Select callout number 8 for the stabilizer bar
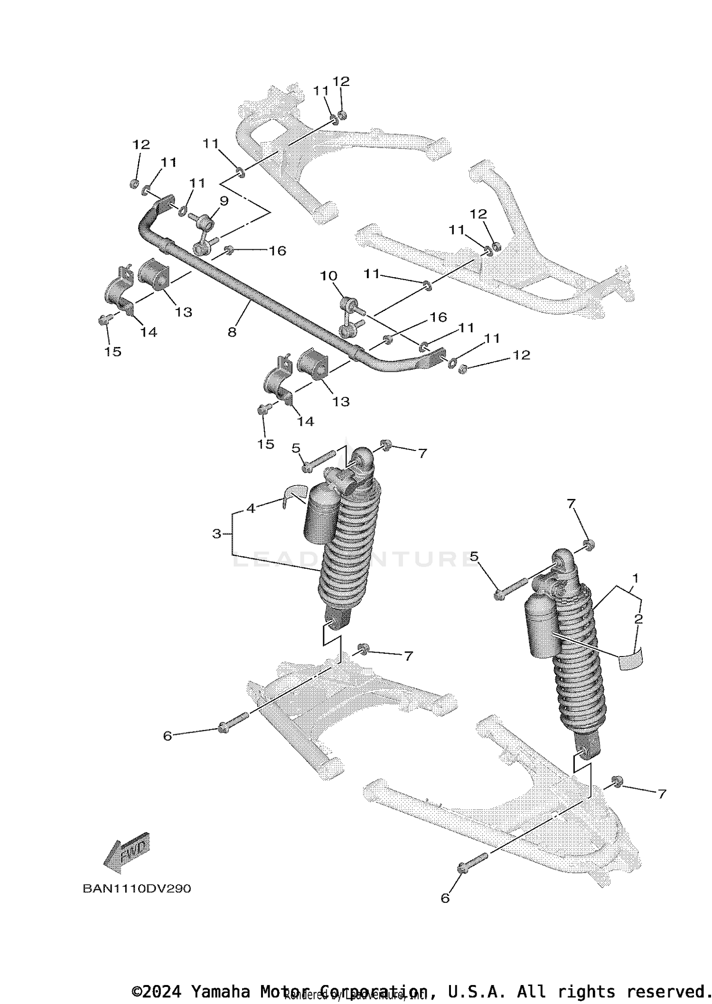(x=232, y=332)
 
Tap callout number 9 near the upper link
(x=224, y=201)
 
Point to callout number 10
(x=328, y=276)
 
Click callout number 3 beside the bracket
(x=217, y=534)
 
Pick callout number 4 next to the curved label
(x=251, y=508)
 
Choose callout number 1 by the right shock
(x=635, y=578)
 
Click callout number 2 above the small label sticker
(x=638, y=619)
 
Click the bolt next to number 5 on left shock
(x=319, y=463)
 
